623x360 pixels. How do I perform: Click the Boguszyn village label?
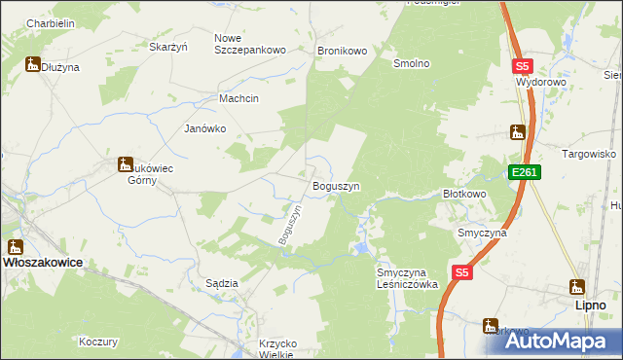(x=336, y=186)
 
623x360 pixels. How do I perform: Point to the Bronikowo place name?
(x=341, y=50)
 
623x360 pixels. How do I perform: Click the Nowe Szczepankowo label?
(x=249, y=44)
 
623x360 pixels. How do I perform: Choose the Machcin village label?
(x=238, y=99)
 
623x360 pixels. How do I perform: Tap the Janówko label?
(x=205, y=128)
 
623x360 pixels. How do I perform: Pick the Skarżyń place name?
(x=167, y=46)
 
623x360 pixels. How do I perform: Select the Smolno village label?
(x=411, y=63)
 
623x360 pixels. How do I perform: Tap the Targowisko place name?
(x=590, y=154)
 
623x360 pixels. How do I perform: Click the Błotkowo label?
(x=464, y=194)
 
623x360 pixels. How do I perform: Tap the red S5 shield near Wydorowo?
(x=523, y=66)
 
